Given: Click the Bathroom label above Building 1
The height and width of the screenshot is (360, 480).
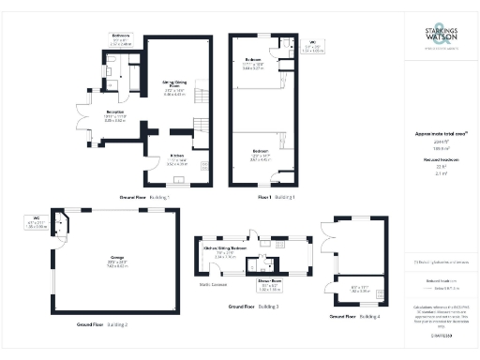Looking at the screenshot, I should (x=121, y=37).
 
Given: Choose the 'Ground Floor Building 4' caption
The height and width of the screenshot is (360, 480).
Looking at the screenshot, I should (x=354, y=317).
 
